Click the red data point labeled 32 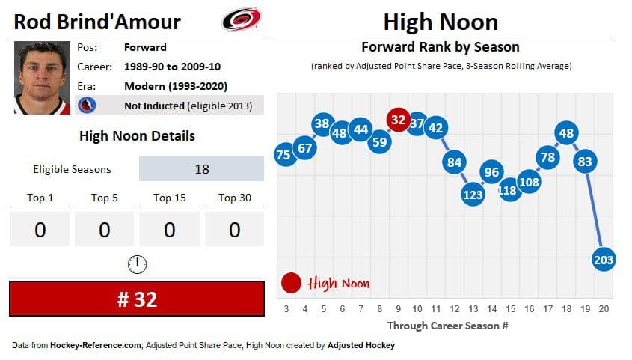coord(398,120)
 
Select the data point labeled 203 coord(603,260)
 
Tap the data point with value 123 coord(473,195)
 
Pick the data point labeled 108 coord(529,182)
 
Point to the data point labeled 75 coord(283,155)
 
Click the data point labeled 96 coord(491,172)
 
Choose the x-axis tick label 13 coord(473,308)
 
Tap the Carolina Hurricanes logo coord(241,19)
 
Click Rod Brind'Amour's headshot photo coord(42,77)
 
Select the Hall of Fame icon coord(87,106)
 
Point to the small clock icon coord(137,263)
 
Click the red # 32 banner coord(136,299)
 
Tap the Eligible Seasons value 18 coord(201,168)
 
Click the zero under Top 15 coord(169,230)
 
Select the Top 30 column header coord(234,198)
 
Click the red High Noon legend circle coord(291,283)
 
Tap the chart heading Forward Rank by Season coord(441,47)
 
